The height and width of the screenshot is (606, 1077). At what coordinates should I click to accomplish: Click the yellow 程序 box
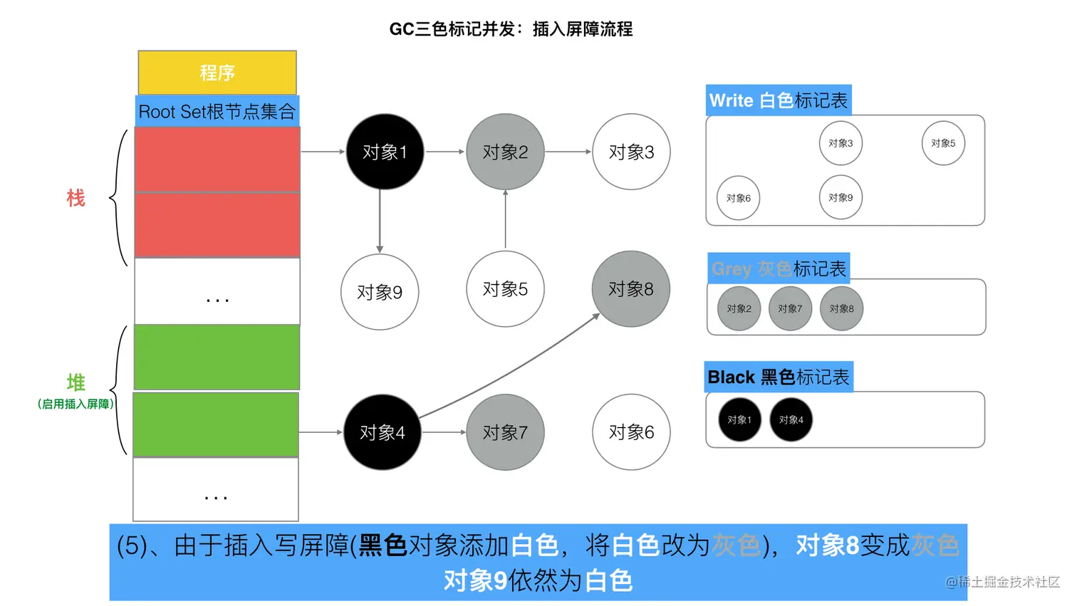pos(217,72)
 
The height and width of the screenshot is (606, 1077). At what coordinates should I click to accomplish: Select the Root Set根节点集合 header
pos(217,111)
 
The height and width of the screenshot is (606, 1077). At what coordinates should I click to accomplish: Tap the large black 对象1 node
pos(385,152)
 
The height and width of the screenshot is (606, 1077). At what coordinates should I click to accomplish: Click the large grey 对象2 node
pos(505,152)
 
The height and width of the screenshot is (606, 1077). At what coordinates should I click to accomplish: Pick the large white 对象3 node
pos(631,152)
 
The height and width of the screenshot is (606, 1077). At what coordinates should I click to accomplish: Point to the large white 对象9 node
pos(380,292)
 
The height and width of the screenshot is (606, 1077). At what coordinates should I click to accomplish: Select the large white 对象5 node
pos(505,289)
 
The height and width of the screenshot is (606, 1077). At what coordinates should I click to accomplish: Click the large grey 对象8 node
pos(630,289)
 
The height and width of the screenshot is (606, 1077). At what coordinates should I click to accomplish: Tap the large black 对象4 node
pos(383,432)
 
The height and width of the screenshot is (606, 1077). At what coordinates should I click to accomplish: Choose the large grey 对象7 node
pos(505,432)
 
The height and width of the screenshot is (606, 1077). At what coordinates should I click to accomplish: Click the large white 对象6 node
pos(631,432)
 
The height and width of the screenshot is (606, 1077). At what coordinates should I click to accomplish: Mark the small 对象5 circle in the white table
pos(943,143)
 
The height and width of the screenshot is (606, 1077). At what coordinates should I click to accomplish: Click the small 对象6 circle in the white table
pos(738,198)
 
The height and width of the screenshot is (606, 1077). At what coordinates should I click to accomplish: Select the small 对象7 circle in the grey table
pos(790,308)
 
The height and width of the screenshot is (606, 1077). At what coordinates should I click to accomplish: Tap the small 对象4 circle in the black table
pos(791,419)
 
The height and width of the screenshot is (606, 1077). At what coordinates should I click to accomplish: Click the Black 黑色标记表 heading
pos(779,377)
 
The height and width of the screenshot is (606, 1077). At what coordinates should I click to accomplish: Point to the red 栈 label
pos(76,198)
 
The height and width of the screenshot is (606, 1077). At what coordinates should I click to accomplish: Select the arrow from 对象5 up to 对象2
pos(505,219)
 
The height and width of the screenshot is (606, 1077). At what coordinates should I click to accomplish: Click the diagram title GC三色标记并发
pos(511,29)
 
